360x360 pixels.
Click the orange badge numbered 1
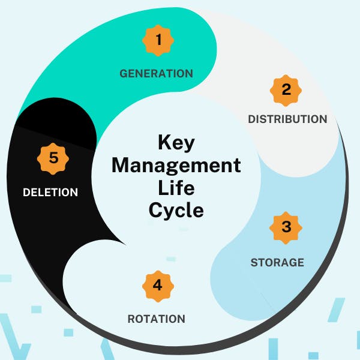158,40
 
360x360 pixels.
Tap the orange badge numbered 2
286,89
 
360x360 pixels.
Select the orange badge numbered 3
286,227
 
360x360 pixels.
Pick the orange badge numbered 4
157,285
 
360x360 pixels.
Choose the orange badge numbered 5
53,159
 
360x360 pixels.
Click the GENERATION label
156,74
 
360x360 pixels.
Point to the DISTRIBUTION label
287,119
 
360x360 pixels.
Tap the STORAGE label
277,262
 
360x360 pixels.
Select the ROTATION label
156,319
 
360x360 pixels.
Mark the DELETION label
50,193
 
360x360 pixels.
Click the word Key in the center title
176,143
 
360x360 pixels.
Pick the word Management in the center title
176,165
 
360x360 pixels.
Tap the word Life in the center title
176,187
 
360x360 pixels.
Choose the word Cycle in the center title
176,210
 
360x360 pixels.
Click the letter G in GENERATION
123,74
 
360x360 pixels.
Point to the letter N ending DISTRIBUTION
323,119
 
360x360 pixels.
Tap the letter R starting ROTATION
131,319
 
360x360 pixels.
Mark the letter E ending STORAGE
301,262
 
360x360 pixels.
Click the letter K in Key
164,143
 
